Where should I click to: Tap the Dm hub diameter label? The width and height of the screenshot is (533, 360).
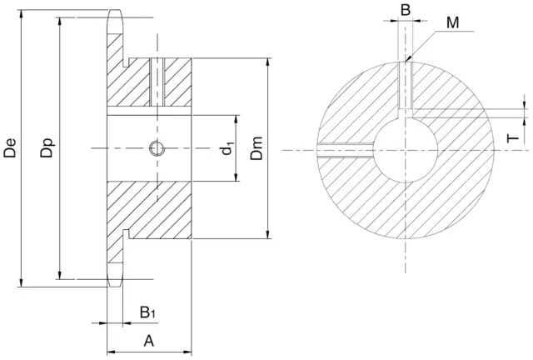point(257,149)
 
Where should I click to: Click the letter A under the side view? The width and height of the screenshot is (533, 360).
point(149,340)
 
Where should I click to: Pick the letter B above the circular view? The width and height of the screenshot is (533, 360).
point(405,10)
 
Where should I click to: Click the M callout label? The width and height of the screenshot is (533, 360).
point(452,23)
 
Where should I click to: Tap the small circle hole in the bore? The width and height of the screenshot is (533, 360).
point(156,149)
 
